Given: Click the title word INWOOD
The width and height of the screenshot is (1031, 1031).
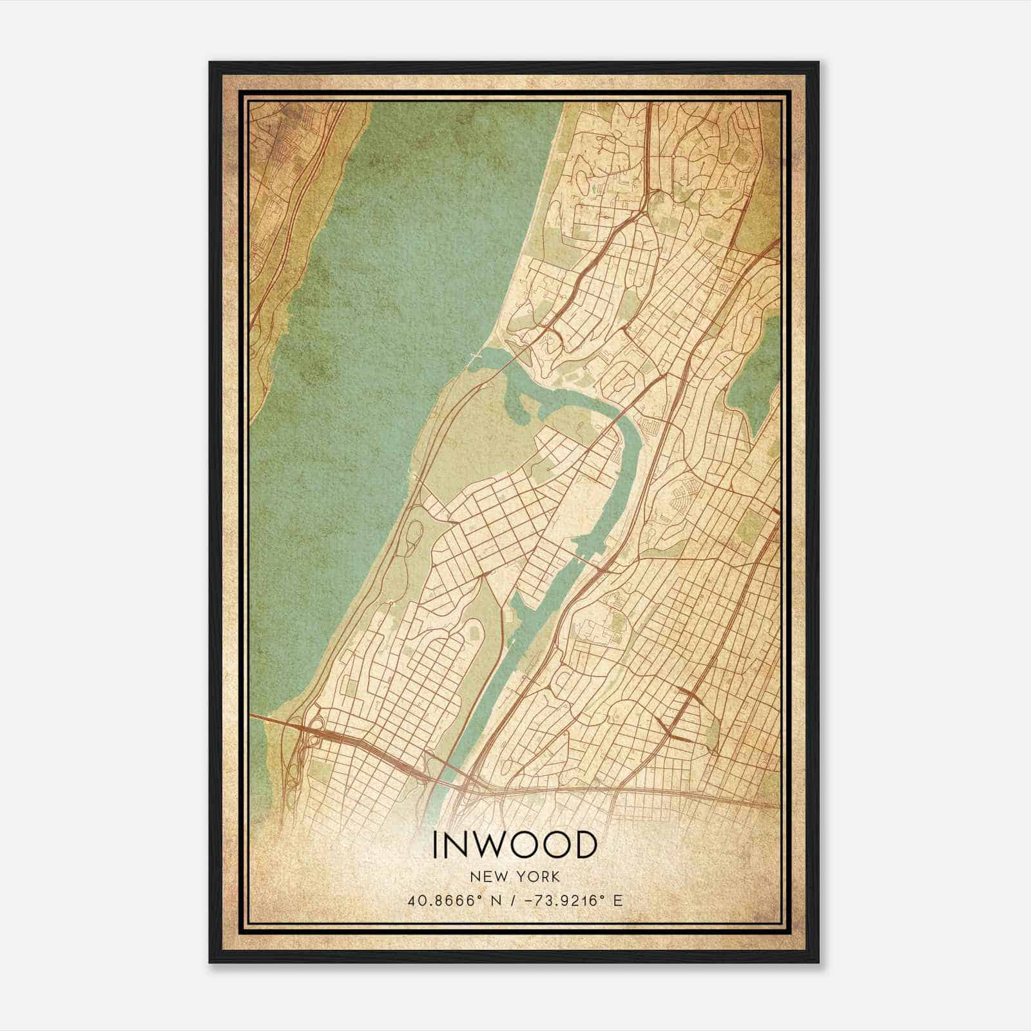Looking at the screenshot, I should [514, 845].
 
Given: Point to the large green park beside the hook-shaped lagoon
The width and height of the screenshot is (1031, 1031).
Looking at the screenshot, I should [477, 438].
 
